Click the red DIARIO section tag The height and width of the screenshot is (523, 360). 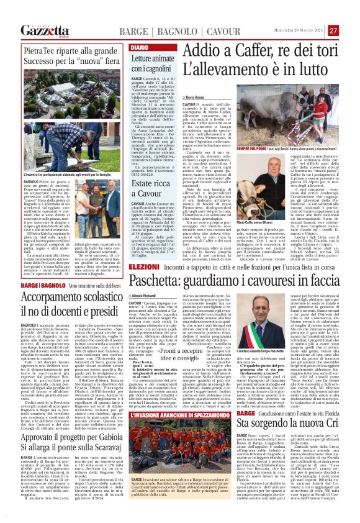[x=139, y=47]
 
